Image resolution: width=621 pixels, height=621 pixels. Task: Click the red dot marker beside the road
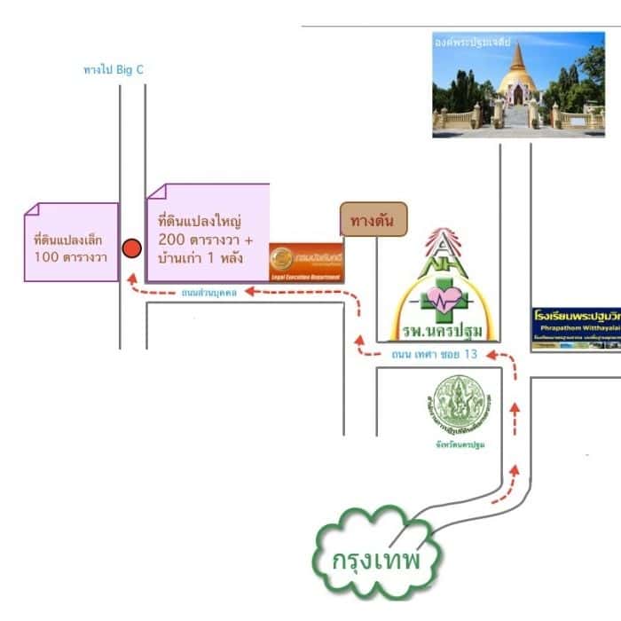(x=131, y=248)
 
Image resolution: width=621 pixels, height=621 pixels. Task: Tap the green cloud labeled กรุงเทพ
(x=375, y=556)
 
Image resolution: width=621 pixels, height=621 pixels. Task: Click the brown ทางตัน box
(x=373, y=219)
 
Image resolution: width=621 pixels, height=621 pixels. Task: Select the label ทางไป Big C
(x=113, y=69)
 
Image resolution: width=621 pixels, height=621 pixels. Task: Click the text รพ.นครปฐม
(x=442, y=332)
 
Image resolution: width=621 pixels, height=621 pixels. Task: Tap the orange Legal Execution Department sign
(x=306, y=262)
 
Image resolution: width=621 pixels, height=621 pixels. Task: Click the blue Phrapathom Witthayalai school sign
(x=576, y=326)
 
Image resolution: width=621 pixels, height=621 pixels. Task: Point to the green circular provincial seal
(x=460, y=405)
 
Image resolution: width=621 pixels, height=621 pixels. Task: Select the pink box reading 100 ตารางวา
(x=71, y=242)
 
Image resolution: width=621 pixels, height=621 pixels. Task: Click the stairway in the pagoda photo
(x=516, y=116)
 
